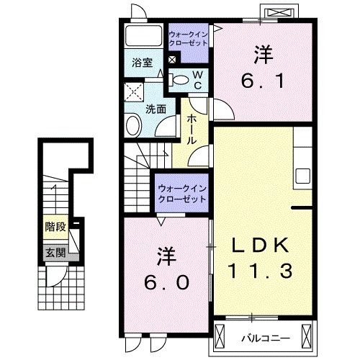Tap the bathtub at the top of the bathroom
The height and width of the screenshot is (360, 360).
point(143,36)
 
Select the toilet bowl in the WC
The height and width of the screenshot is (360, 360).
point(183,80)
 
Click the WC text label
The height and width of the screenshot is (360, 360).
point(196,79)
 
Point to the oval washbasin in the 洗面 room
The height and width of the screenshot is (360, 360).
point(134,127)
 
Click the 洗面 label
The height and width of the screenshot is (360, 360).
point(156,109)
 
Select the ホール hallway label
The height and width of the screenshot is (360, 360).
point(192,130)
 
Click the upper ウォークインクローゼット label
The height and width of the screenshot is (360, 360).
point(188,39)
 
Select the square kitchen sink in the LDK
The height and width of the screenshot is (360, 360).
point(302,176)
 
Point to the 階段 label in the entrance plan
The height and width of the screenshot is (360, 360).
point(55,228)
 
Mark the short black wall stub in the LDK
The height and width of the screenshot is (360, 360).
point(300,208)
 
